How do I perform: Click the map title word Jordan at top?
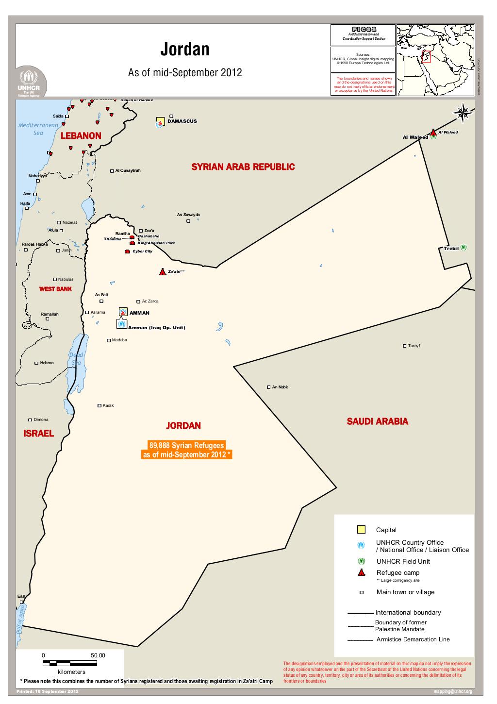coord(185,50)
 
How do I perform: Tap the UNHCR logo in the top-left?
coord(32,82)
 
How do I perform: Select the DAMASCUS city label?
coord(182,121)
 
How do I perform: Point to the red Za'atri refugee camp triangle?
coord(162,272)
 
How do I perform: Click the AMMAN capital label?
coord(139,313)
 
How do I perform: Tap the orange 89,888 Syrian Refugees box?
coord(186,450)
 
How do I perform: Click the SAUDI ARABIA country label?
coord(377,421)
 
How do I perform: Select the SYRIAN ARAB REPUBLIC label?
coord(243,167)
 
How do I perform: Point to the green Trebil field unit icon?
coord(464,248)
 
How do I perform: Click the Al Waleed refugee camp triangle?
coord(433,132)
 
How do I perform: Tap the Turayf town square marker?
coord(404,346)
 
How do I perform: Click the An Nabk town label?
coord(280,387)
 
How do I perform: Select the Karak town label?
coord(108,405)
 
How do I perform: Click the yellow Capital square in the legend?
coord(361,530)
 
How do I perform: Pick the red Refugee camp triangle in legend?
coord(361,572)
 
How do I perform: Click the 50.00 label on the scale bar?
coord(98,655)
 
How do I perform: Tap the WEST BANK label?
coord(55,289)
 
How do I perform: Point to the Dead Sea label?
coord(76,359)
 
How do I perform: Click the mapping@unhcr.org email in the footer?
coord(452,691)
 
